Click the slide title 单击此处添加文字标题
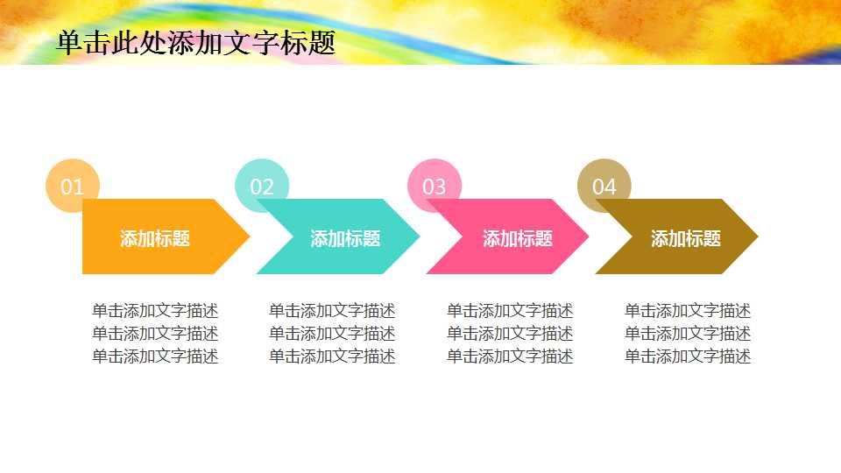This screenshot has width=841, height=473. [195, 43]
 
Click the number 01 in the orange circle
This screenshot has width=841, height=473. [72, 187]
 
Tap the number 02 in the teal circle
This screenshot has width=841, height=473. [262, 187]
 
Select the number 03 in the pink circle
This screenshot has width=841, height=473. [435, 187]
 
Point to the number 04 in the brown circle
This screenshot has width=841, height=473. [604, 187]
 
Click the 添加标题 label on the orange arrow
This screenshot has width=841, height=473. [155, 238]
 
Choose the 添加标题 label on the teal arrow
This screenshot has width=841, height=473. [345, 238]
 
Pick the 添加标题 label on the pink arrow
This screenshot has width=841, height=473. [518, 238]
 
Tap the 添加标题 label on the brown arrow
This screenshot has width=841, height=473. [686, 238]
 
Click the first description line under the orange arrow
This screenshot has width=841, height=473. [155, 311]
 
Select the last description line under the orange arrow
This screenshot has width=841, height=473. [155, 357]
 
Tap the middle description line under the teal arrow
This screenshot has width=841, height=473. [332, 334]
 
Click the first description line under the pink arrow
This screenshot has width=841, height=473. [510, 311]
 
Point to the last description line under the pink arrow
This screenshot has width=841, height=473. [510, 357]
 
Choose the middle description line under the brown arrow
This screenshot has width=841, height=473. [688, 334]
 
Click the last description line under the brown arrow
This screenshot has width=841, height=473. [688, 357]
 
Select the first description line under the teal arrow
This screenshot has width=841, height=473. [332, 311]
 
